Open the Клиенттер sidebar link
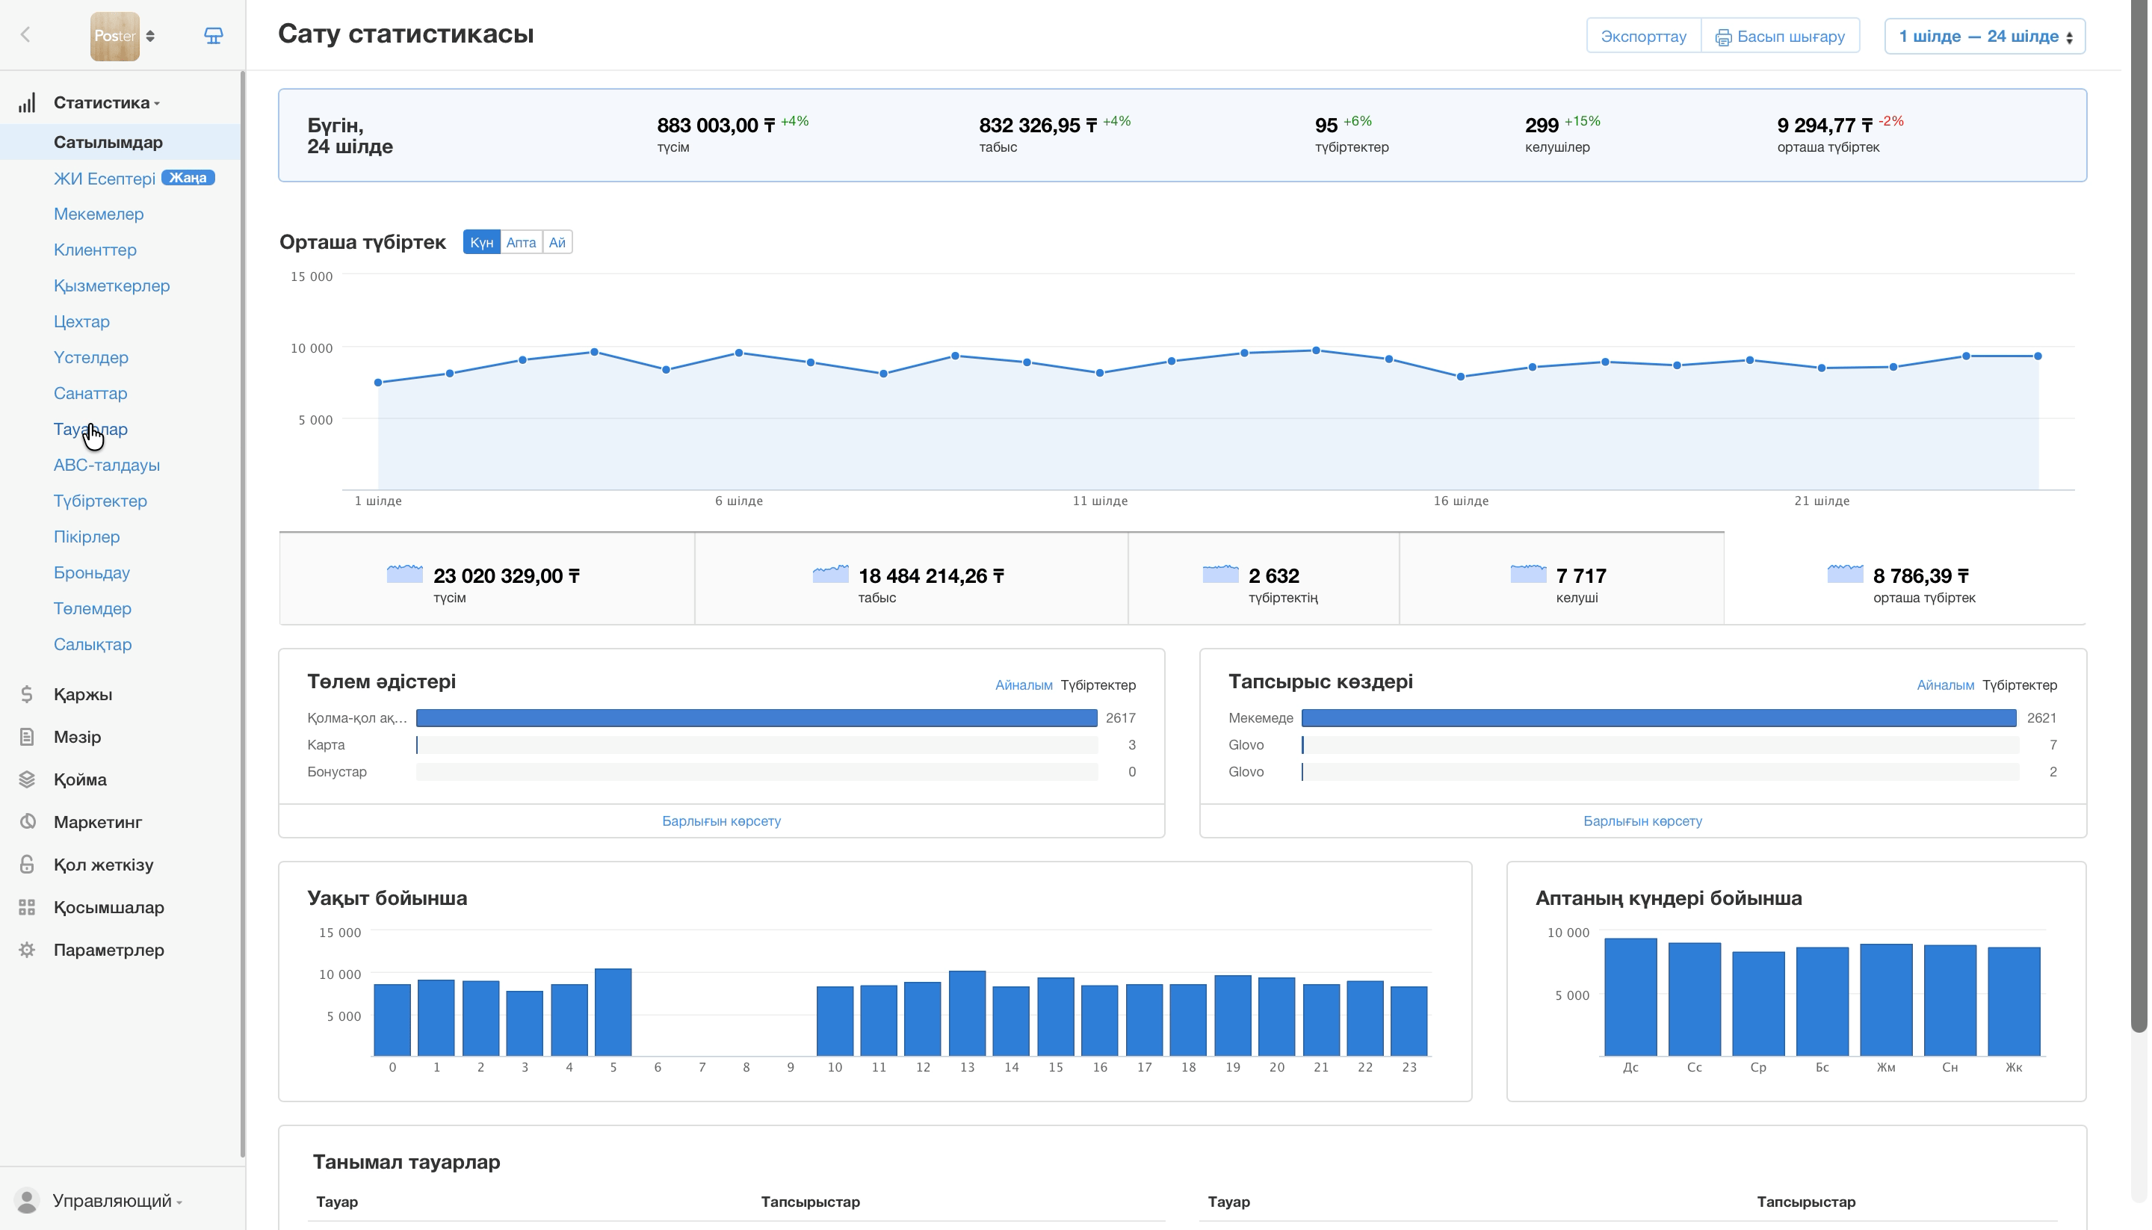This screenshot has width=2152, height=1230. tap(96, 250)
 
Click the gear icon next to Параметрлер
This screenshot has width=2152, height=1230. tap(27, 951)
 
